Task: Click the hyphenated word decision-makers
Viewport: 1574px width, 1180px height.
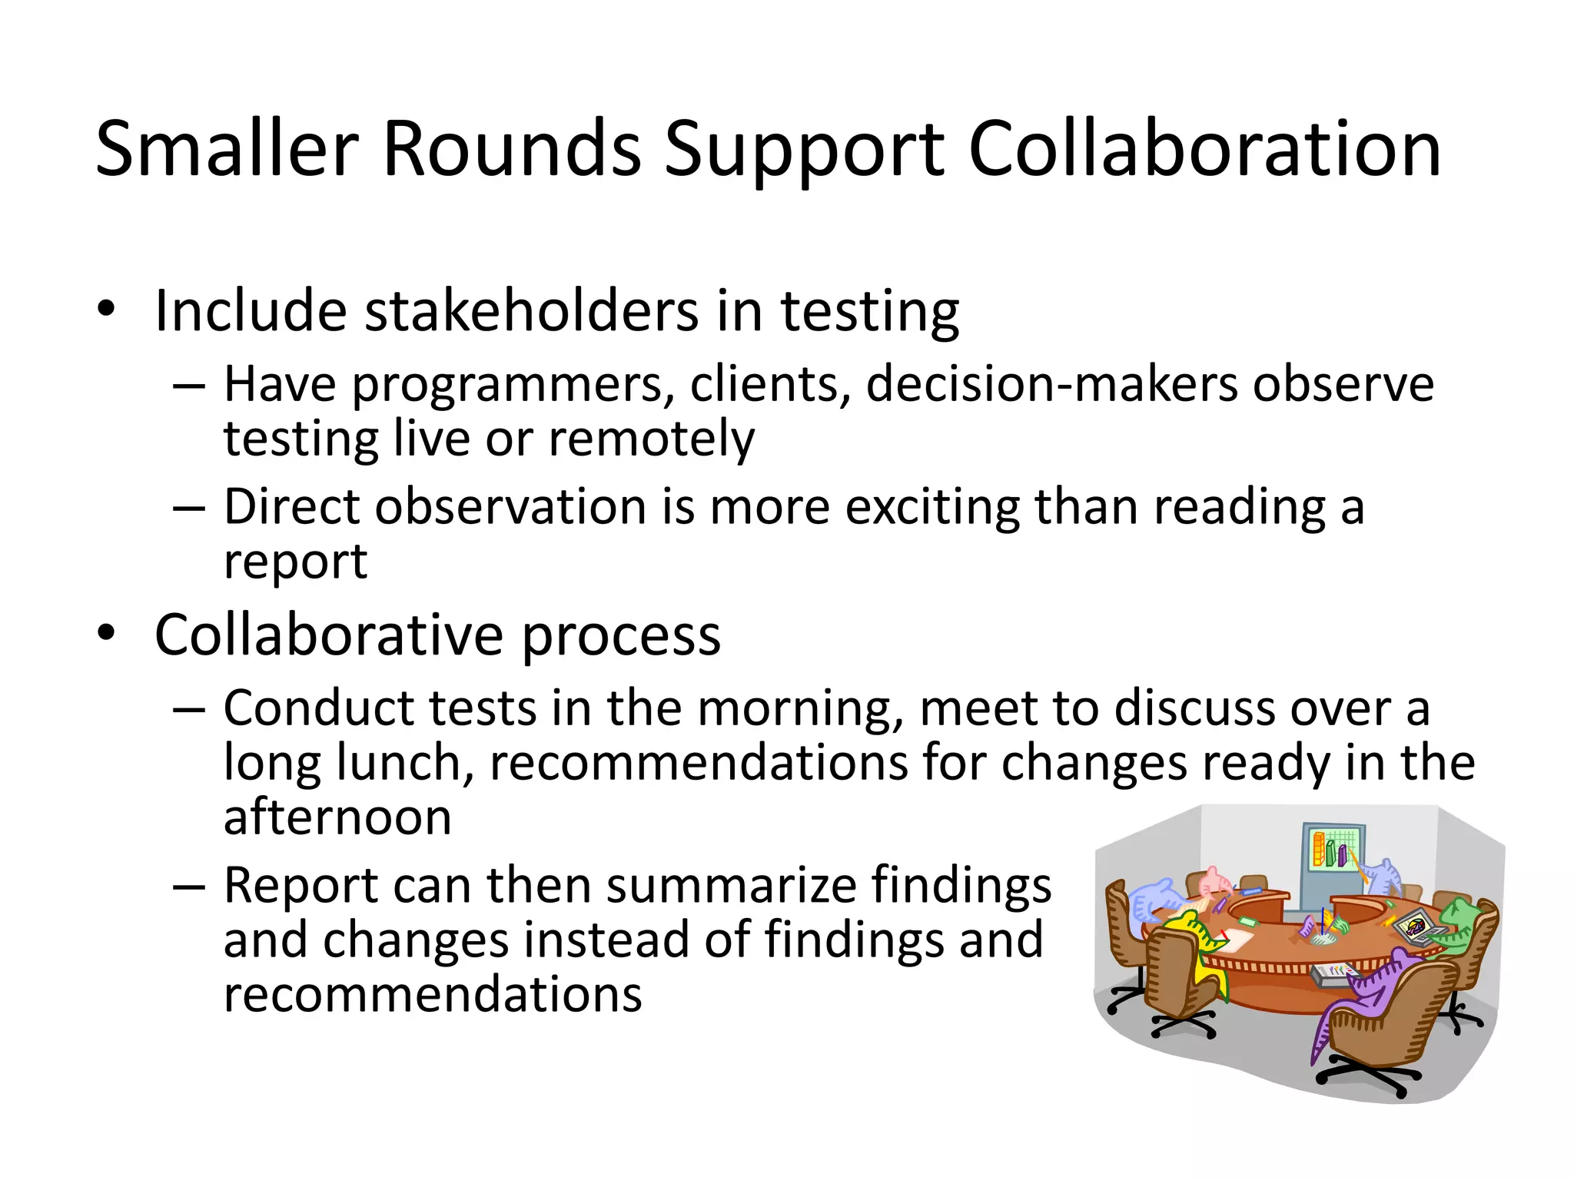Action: (x=1052, y=383)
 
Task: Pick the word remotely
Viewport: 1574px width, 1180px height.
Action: (x=652, y=439)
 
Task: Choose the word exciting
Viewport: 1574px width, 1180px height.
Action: (x=932, y=507)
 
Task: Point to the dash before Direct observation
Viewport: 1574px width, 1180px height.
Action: (x=189, y=509)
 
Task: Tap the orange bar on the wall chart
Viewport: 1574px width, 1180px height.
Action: (x=1319, y=848)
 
